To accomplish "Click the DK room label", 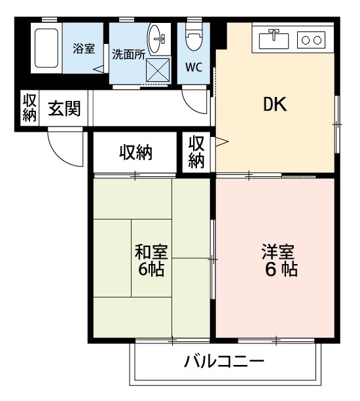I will pos(276,105).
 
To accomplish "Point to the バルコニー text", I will pos(224,362).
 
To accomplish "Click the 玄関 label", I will pos(64,109).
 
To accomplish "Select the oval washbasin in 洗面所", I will pos(158,39).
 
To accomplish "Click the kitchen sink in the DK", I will pos(274,39).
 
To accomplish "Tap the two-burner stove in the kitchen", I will pos(312,40).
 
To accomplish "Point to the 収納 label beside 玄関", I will pos(29,109).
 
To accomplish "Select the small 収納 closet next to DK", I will pos(196,152).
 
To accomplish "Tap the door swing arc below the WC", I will pos(195,103).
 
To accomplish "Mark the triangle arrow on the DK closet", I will pos(221,141).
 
